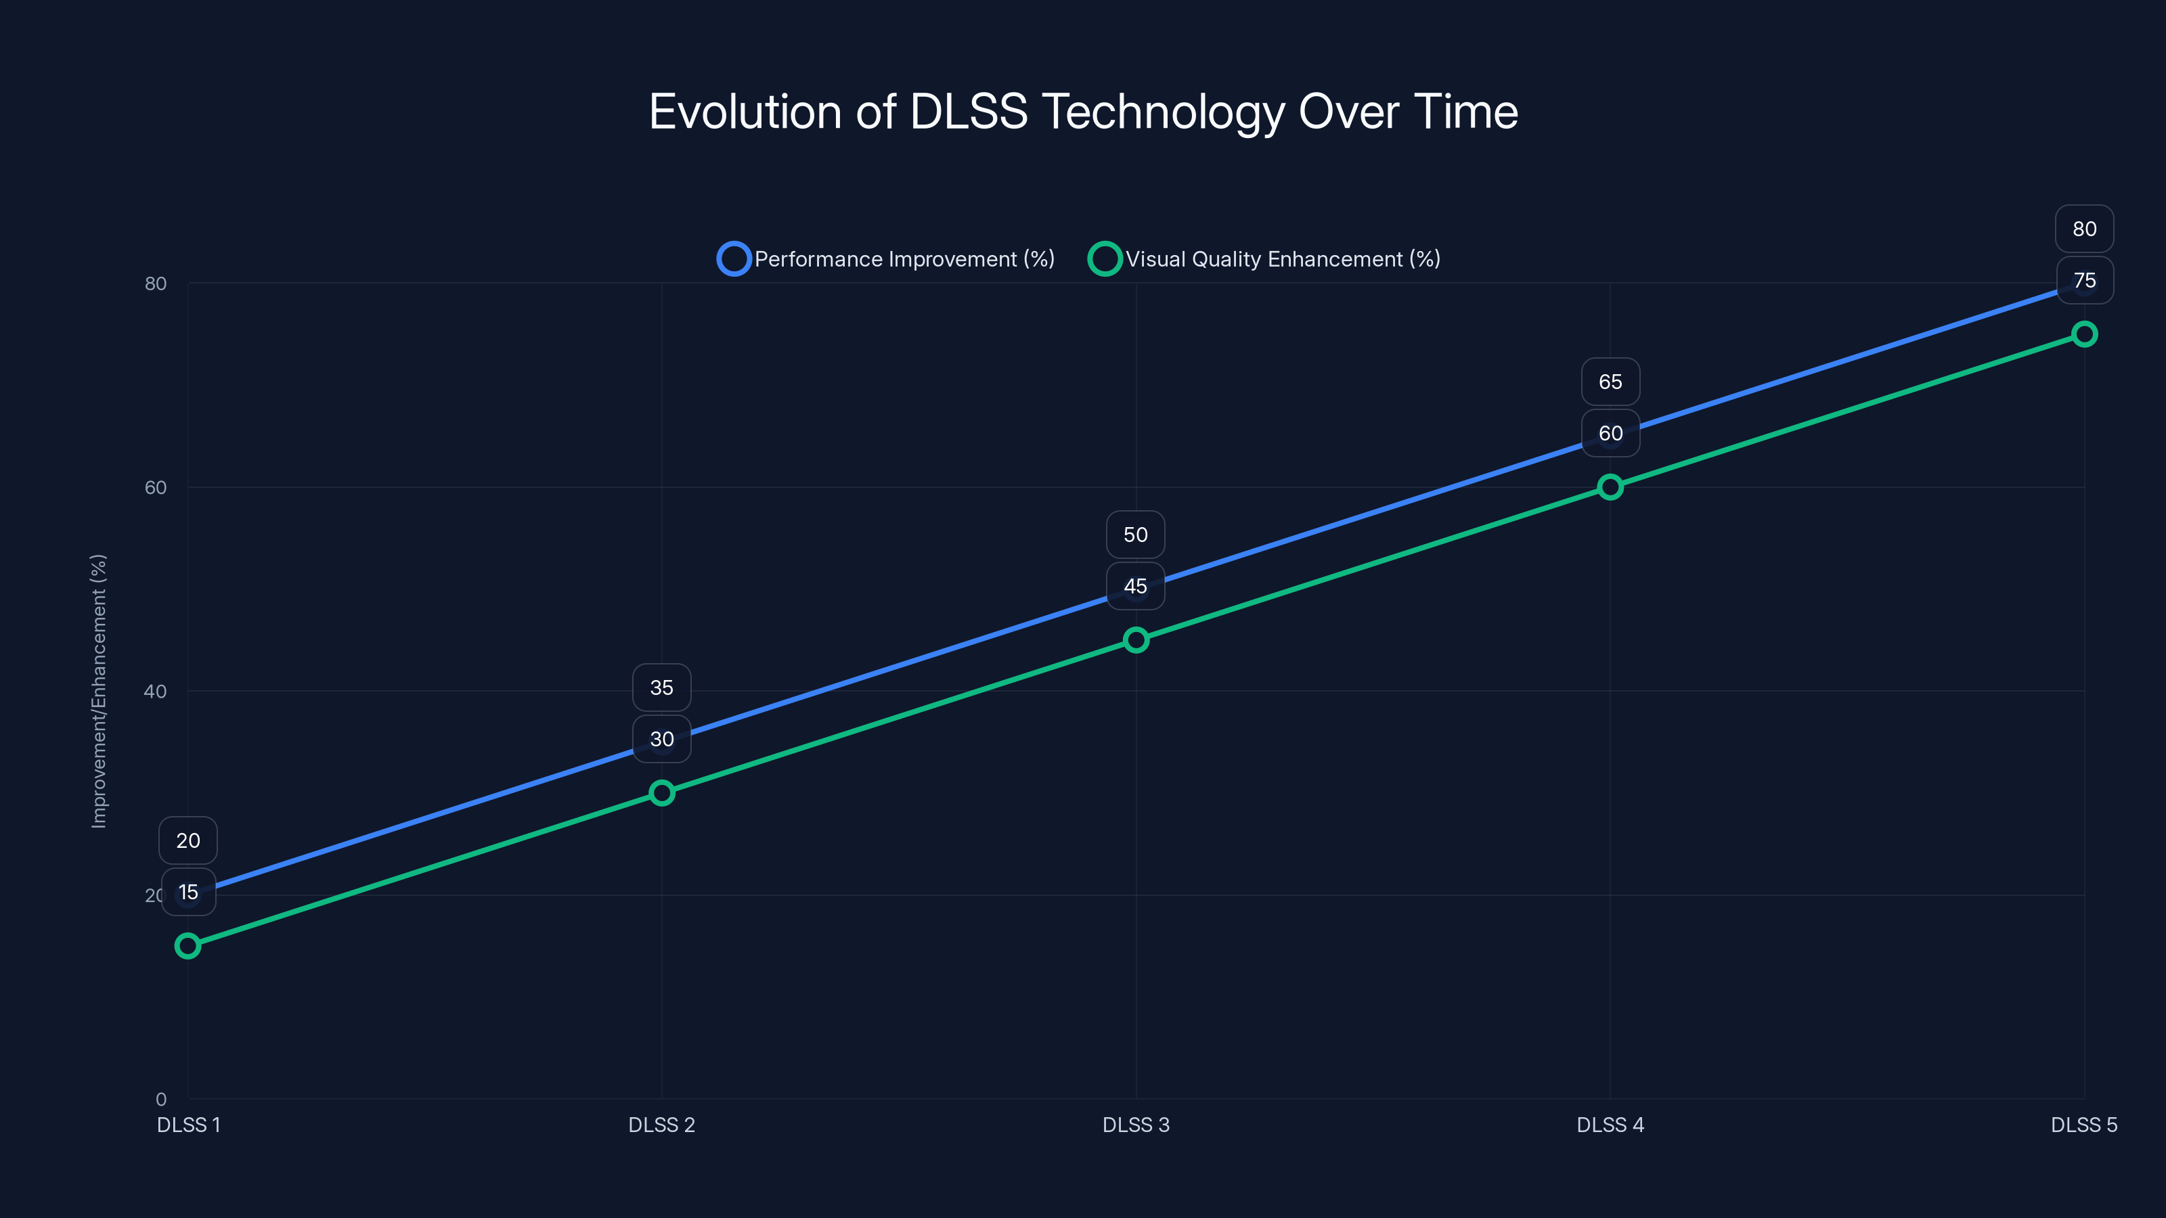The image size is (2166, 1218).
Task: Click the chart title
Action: click(x=1083, y=112)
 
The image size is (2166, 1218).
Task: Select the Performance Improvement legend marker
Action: click(x=733, y=259)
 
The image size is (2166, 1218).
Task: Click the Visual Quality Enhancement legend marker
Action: click(x=1105, y=259)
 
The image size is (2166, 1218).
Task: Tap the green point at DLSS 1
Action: click(x=187, y=947)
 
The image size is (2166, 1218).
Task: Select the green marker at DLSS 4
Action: click(x=1610, y=487)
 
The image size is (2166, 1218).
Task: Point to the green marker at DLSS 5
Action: click(x=2085, y=334)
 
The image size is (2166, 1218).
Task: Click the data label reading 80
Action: click(x=2085, y=229)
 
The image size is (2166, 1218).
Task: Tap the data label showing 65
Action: click(x=1610, y=382)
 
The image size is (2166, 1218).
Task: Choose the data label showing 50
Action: click(x=1136, y=535)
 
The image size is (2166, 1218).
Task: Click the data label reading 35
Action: click(x=662, y=687)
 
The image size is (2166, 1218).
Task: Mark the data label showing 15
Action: click(x=188, y=892)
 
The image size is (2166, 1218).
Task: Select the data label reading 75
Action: click(x=2085, y=281)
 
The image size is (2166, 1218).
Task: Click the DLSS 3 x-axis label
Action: click(x=1136, y=1125)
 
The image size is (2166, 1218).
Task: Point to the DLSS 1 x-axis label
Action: click(x=188, y=1125)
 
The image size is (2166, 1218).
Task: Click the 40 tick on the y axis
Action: click(x=156, y=692)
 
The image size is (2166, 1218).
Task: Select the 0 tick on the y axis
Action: click(x=160, y=1100)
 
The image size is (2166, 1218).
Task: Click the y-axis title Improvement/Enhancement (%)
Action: click(x=100, y=691)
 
